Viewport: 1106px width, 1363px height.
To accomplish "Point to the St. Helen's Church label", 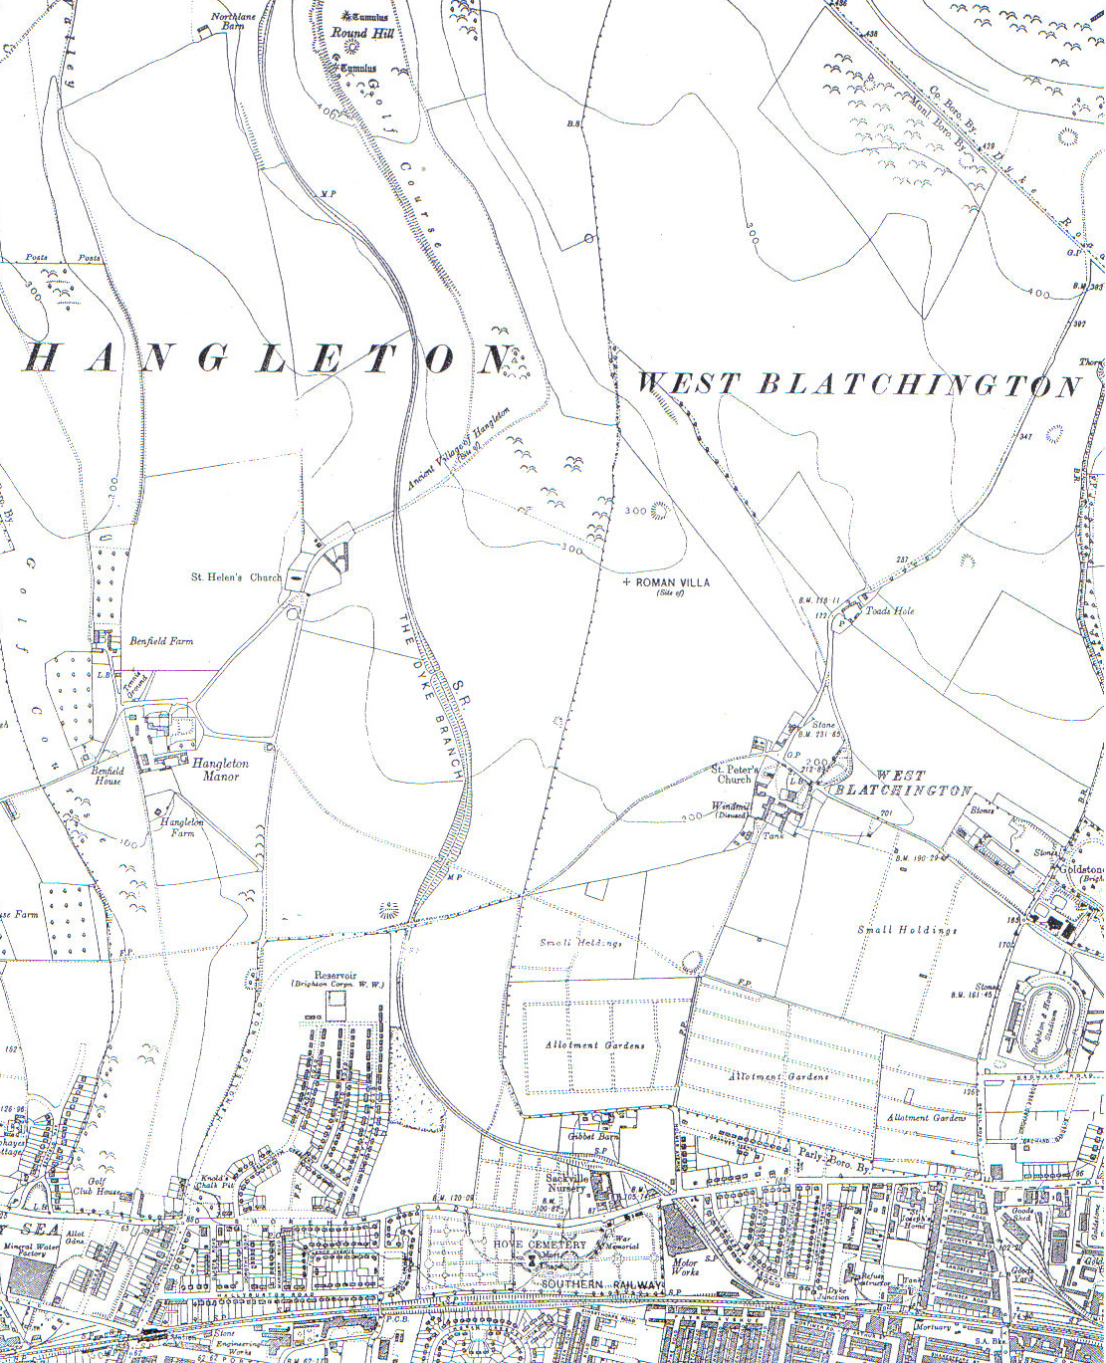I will (x=236, y=577).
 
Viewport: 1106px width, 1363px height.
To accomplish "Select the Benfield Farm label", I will (x=161, y=641).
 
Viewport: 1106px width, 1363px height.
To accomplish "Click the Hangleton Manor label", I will (x=220, y=770).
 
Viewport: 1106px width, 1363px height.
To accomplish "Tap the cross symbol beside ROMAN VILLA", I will (x=626, y=581).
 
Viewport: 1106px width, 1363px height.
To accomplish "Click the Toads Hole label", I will (x=890, y=611).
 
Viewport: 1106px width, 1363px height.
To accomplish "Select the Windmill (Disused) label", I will (x=731, y=809).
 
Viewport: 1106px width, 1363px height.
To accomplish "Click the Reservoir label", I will (x=335, y=977).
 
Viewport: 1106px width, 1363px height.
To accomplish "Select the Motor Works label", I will (x=685, y=1267).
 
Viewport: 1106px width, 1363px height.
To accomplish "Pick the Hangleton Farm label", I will (x=182, y=827).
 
